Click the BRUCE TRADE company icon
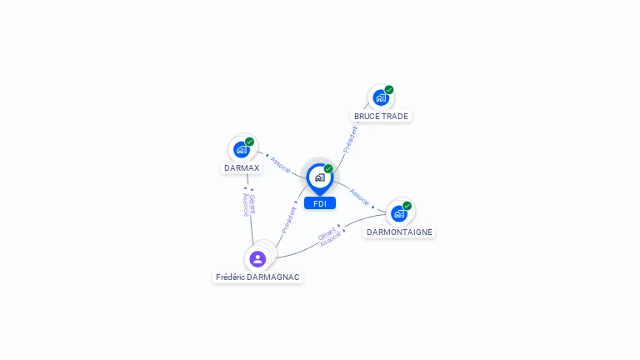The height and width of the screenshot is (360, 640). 380,98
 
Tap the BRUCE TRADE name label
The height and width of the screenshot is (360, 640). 381,117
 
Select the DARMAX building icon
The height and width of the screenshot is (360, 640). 241,150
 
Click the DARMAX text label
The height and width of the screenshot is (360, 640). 242,167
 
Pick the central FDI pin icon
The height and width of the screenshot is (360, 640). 319,177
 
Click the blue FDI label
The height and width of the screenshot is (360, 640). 320,203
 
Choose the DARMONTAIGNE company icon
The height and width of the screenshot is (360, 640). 399,213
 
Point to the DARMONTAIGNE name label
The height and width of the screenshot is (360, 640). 400,232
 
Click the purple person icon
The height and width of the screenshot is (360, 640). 257,259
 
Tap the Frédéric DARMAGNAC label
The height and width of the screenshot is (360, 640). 257,277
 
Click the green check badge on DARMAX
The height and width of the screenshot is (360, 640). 249,142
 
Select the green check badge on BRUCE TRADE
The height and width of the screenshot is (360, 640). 389,90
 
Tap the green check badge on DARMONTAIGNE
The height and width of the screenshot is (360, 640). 407,206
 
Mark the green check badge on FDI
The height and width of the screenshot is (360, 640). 328,169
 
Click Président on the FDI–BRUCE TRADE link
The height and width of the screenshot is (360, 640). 351,138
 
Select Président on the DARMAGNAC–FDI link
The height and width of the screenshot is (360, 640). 288,219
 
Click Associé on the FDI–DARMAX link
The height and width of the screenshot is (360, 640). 280,164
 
